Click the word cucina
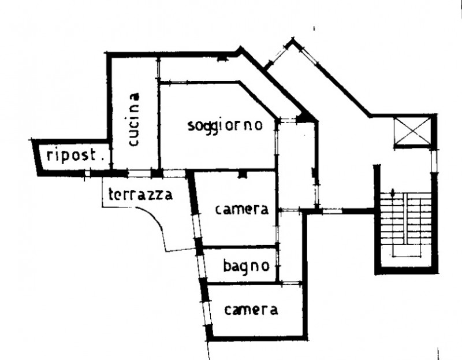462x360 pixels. pos(134,120)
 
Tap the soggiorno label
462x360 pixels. pos(225,126)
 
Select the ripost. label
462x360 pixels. pos(76,155)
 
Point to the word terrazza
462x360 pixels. pos(140,195)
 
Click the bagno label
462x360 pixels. pos(247,266)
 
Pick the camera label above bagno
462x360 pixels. pos(242,209)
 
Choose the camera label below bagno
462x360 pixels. pos(251,310)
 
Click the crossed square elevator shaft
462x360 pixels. pos(412,132)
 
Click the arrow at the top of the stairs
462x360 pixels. pos(393,194)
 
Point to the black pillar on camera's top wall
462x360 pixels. pos(242,174)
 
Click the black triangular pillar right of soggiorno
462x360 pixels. pos(305,118)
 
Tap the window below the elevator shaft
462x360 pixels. pos(434,161)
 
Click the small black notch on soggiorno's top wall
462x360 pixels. pos(222,60)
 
